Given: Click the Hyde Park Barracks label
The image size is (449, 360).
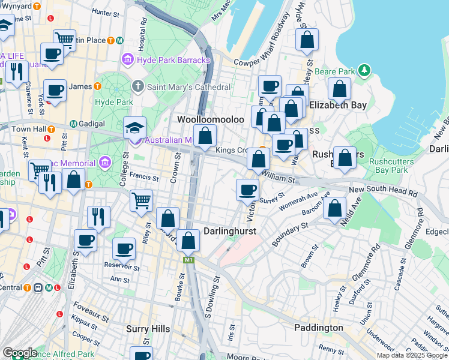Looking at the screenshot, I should coord(173,60).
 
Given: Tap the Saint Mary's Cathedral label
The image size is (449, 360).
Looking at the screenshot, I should coord(188,87).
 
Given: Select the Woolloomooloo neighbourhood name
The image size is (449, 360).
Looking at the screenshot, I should coord(210,119).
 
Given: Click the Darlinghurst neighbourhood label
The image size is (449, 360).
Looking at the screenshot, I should coord(231,231).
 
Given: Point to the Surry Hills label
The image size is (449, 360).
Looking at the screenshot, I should coord(148,329).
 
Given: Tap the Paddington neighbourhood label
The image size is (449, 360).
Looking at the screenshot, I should coord(319,328).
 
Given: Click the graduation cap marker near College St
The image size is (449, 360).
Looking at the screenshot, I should coord(135,128).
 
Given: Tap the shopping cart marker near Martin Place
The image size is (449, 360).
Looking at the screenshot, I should coord(64,40).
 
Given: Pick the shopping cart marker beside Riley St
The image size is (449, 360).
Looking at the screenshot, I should coord(141,200).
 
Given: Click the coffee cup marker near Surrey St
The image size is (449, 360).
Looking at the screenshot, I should coord(247,190).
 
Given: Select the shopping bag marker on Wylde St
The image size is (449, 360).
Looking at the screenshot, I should coord(307,40).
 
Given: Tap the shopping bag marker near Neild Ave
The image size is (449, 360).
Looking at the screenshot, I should coord(335,208).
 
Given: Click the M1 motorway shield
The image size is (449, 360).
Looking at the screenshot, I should coord(189,260).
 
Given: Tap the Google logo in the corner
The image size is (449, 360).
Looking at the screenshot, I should coord(19,353).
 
